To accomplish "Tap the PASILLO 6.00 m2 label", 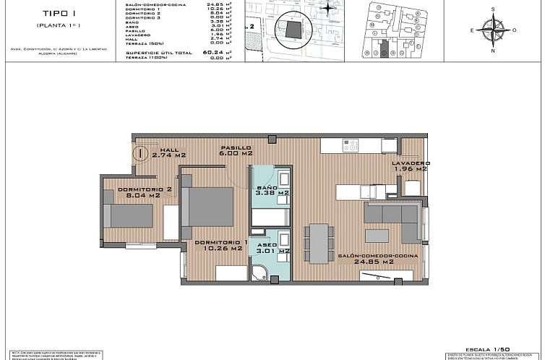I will [236, 150].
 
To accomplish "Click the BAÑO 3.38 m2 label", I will [272, 190].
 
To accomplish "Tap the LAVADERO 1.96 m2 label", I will [411, 167].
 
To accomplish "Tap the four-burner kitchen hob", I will [351, 145].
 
